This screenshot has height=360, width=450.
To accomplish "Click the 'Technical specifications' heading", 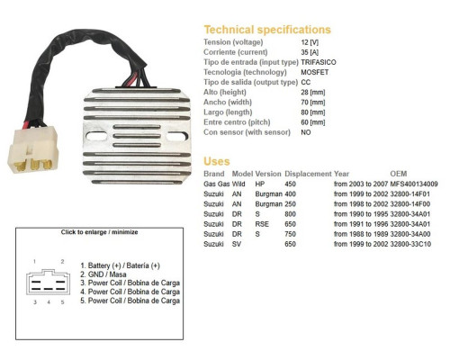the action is [267, 30].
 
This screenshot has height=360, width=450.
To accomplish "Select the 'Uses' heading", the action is [217, 161].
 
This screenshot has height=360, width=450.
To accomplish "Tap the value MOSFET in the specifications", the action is [315, 72].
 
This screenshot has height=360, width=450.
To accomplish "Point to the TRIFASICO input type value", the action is [319, 62].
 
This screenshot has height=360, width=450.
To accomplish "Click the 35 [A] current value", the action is [310, 52].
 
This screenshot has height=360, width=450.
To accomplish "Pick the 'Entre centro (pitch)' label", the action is [237, 122].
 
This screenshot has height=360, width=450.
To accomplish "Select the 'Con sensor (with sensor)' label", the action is [247, 132].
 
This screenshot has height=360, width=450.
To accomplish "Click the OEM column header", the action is [399, 174].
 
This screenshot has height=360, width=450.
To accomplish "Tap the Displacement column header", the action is [308, 174].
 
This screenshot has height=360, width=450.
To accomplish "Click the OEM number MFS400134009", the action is [414, 184].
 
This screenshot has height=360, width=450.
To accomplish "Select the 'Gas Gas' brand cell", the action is [217, 184].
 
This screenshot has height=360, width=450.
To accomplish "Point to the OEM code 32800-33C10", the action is [410, 244].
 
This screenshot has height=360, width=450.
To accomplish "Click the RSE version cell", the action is [262, 224].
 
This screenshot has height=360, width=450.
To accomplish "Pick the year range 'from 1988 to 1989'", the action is [361, 234].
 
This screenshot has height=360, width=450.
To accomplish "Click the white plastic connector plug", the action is [33, 149].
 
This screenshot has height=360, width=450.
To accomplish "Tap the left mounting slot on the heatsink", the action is [96, 136].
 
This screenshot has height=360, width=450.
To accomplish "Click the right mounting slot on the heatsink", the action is [177, 136].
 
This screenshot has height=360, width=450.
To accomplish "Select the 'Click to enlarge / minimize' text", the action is [99, 232].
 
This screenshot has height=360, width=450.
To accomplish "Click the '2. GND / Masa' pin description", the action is [103, 274].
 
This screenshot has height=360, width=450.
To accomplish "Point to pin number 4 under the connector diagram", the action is [49, 302].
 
